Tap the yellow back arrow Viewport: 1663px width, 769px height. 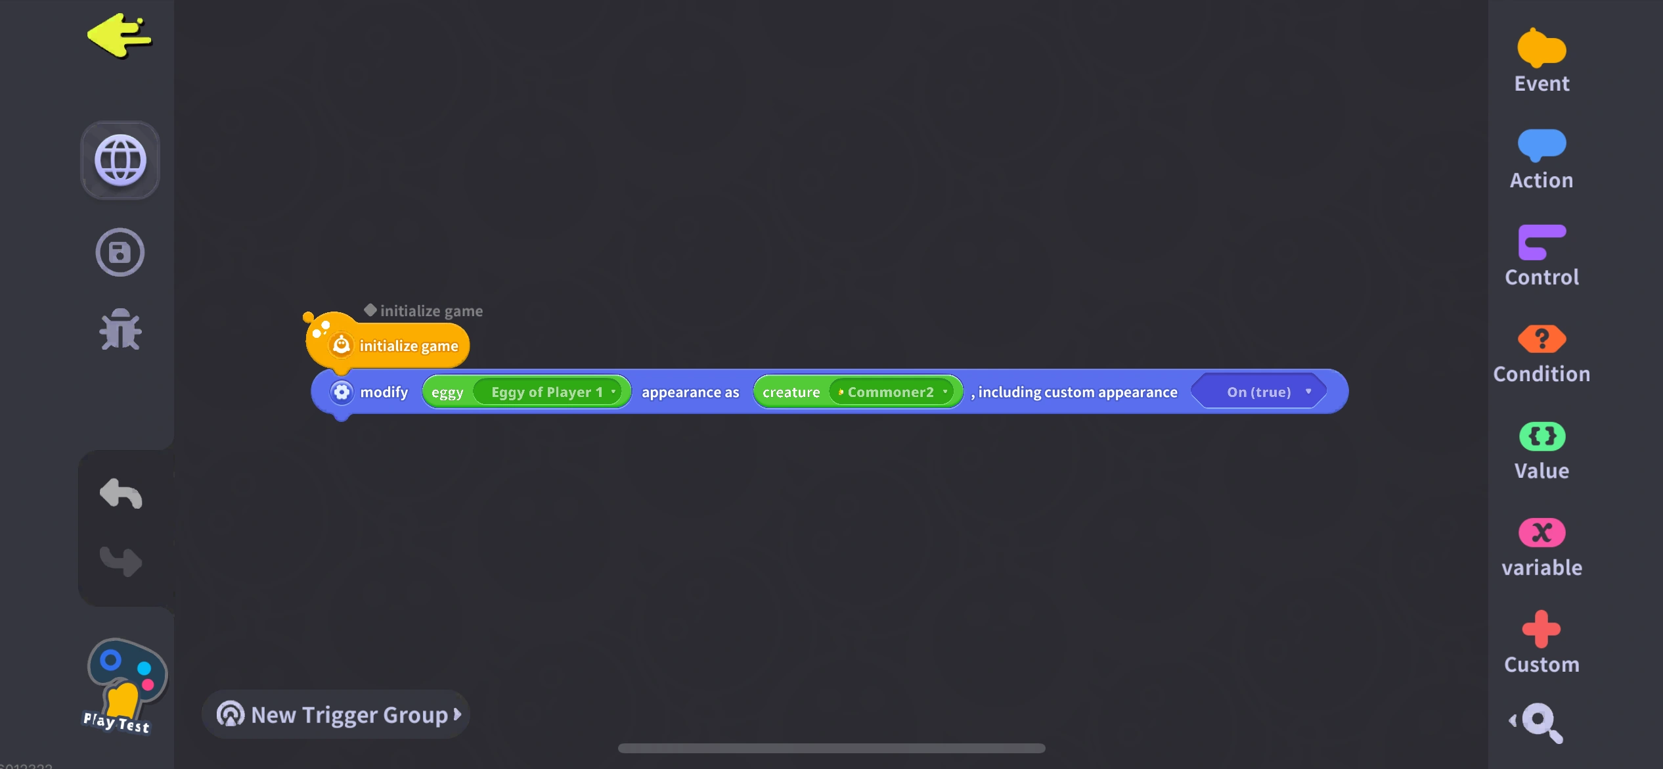tap(120, 36)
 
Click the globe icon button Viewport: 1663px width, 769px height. tap(120, 160)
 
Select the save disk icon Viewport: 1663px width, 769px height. tap(120, 252)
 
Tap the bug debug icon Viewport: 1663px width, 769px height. tap(120, 329)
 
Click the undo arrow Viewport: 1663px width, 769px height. tap(121, 493)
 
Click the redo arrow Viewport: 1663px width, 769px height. tap(121, 561)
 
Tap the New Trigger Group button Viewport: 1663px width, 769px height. tap(338, 714)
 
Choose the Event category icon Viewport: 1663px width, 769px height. tap(1541, 49)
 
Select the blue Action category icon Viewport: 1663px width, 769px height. tap(1541, 145)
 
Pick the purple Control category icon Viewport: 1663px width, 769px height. tap(1541, 242)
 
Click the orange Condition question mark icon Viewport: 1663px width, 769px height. tap(1541, 339)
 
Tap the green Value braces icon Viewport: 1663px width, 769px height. tap(1541, 436)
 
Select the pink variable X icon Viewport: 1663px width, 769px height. tap(1541, 533)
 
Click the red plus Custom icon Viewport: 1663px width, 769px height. tap(1541, 630)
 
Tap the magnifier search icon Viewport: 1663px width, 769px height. tap(1541, 722)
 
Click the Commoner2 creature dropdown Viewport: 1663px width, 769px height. tap(891, 392)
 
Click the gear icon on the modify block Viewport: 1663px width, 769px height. tap(342, 392)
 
